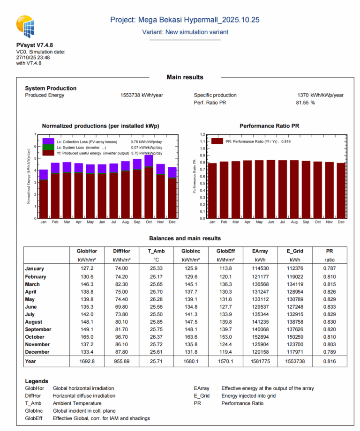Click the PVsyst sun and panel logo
pyautogui.click(x=27, y=26)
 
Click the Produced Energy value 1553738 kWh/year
pyautogui.click(x=142, y=95)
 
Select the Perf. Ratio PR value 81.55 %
pyautogui.click(x=305, y=103)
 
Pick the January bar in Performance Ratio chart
pyautogui.click(x=212, y=190)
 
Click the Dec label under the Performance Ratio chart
pyautogui.click(x=340, y=222)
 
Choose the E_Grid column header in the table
pyautogui.click(x=295, y=251)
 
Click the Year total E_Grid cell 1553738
pyautogui.click(x=295, y=361)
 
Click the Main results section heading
pyautogui.click(x=185, y=77)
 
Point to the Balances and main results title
pyautogui.click(x=185, y=238)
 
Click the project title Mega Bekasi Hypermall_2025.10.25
pyautogui.click(x=185, y=20)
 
